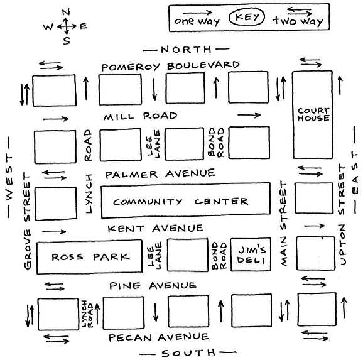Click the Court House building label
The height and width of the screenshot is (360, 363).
point(313,115)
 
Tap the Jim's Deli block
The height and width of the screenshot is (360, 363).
point(251,254)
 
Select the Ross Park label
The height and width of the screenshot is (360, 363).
point(90,257)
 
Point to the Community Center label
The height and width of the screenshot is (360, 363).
point(181,202)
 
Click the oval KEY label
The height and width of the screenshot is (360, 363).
point(247,17)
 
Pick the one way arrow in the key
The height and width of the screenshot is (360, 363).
point(197,13)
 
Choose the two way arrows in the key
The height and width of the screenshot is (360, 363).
point(300,11)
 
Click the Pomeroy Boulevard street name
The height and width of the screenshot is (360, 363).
point(170,66)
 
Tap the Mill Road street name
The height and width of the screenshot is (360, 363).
point(140,116)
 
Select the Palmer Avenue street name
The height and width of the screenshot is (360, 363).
point(160,174)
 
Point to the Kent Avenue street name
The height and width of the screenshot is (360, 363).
point(155,229)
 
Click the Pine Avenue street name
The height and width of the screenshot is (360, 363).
point(153,285)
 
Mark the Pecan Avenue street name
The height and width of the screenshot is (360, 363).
point(158,337)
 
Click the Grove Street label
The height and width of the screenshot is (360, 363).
point(27,221)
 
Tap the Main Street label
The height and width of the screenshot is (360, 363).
point(283,224)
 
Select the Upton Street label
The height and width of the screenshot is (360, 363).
point(342,215)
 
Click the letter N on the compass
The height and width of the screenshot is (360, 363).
point(66,12)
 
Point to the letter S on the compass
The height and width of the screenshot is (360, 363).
point(67,41)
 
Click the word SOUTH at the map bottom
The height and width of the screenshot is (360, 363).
point(188,353)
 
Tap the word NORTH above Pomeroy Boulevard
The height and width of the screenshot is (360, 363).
point(186,50)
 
